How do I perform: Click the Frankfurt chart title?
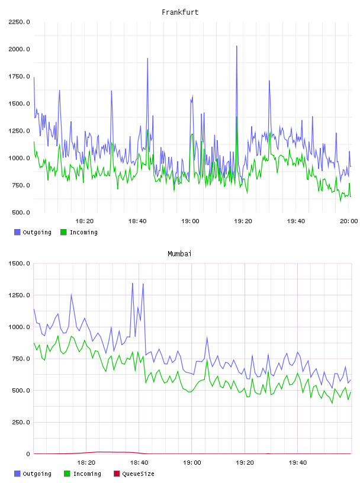click(180, 12)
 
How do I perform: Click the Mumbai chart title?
click(179, 253)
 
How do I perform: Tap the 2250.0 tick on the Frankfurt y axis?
click(19, 22)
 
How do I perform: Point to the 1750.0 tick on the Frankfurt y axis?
click(19, 76)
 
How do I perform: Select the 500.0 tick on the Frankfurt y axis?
click(21, 212)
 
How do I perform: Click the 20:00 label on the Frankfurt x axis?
click(349, 221)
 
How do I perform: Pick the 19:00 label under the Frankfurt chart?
click(190, 221)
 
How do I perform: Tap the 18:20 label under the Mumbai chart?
click(86, 462)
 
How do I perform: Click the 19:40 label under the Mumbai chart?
click(298, 462)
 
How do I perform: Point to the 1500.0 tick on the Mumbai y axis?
click(19, 263)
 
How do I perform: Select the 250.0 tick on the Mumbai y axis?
click(21, 422)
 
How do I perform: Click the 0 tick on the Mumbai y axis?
click(28, 454)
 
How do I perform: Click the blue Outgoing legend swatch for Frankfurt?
click(17, 232)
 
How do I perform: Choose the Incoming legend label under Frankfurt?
click(83, 232)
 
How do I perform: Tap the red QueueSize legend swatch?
click(117, 474)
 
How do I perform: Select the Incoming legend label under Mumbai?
click(87, 474)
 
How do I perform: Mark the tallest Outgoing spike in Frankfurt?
click(237, 46)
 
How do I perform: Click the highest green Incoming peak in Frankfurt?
click(237, 117)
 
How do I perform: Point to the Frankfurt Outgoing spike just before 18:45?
click(147, 59)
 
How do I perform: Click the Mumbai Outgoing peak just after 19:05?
click(207, 337)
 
